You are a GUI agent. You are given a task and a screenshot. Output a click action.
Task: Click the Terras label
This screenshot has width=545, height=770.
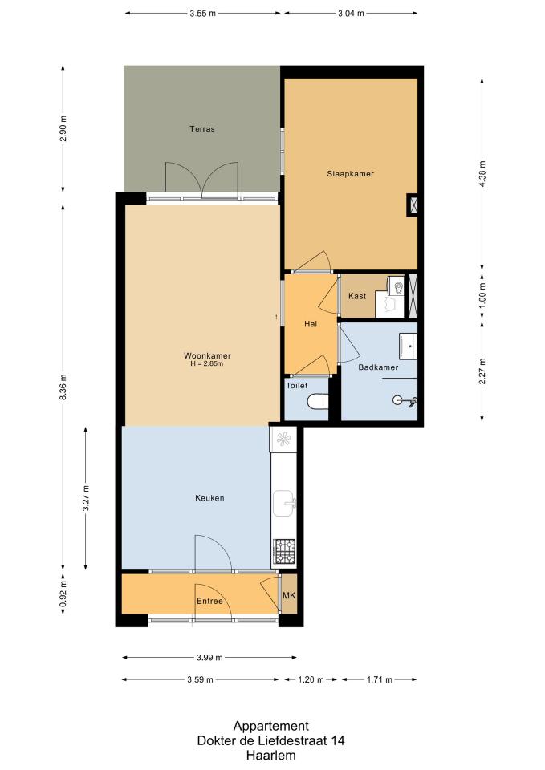(202, 129)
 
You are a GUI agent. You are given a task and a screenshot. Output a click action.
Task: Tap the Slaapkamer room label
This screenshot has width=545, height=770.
(351, 174)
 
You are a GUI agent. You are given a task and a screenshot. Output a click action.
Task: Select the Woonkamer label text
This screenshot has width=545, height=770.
(207, 355)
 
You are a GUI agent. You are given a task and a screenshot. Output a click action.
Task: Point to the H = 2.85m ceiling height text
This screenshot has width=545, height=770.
(207, 364)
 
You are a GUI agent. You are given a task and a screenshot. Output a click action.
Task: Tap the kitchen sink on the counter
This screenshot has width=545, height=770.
(285, 503)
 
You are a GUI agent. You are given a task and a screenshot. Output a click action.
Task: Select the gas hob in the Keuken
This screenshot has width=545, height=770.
(285, 551)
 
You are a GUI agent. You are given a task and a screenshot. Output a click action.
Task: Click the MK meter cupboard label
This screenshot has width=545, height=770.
(289, 595)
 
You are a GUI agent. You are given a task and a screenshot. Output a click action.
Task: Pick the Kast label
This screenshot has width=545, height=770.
(357, 296)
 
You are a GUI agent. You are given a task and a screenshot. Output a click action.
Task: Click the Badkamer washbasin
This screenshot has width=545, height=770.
(408, 346)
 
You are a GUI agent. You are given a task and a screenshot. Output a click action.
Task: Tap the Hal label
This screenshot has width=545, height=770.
(311, 324)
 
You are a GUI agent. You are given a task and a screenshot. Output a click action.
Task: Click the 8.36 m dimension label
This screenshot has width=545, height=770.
(63, 387)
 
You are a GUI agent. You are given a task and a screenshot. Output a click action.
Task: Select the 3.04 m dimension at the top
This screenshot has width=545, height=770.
(351, 14)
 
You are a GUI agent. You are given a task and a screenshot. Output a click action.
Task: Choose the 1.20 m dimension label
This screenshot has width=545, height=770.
(311, 679)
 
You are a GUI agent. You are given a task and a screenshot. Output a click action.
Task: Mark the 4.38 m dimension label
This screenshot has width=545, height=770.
(482, 174)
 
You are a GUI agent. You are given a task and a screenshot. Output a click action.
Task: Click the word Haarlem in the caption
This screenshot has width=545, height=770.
(270, 756)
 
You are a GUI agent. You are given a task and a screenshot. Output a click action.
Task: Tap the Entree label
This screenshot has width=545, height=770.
(209, 601)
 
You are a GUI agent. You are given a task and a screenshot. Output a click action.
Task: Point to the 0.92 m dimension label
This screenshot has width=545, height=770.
(63, 594)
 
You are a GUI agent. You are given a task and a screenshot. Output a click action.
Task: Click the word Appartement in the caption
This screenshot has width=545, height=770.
(270, 727)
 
